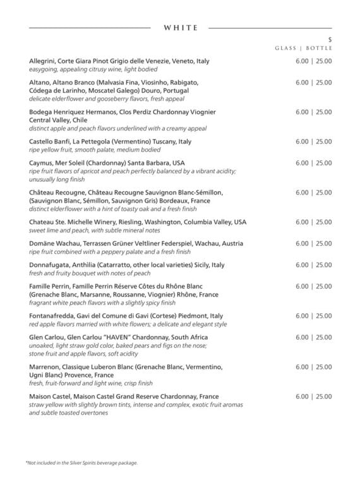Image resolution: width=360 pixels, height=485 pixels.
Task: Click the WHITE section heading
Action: point(181,28)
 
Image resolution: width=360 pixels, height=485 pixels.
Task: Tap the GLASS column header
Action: point(287,48)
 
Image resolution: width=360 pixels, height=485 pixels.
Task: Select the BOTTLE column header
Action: point(320,48)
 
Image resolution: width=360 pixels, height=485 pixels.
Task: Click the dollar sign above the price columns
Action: point(330,40)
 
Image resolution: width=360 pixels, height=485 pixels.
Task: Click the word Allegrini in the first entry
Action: point(42,61)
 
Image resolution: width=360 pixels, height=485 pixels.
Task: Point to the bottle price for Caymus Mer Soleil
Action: point(324,163)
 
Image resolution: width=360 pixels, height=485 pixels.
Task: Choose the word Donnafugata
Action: point(51,265)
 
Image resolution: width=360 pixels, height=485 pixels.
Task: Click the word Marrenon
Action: point(45,367)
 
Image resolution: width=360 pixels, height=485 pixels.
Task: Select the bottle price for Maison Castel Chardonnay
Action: point(324,397)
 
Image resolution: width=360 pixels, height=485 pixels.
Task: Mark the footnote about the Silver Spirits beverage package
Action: point(81,463)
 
